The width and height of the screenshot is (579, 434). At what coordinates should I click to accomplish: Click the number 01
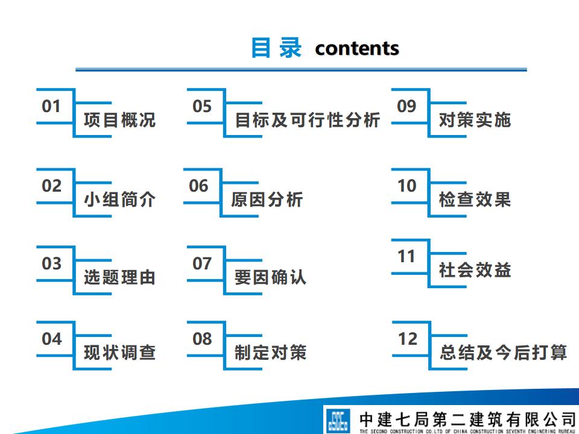[51, 107]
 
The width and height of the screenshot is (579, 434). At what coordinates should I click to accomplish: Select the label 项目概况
[119, 120]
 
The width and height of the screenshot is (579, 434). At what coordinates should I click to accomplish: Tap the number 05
[202, 107]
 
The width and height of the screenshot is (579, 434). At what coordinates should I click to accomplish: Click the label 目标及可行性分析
[308, 120]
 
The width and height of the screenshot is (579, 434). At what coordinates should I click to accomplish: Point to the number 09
[407, 107]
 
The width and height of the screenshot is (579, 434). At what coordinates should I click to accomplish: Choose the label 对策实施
[475, 120]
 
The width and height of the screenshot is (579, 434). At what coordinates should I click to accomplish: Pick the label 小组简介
[119, 200]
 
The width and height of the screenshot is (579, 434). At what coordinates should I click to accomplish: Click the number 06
[198, 186]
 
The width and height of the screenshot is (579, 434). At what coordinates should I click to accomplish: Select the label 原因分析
[267, 200]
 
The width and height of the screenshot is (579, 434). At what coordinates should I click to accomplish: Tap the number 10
[407, 186]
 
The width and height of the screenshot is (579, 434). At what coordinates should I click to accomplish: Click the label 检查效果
[475, 200]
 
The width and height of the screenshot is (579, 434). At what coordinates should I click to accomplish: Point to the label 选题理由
[119, 277]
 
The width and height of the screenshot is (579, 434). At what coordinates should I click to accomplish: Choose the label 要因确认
[270, 277]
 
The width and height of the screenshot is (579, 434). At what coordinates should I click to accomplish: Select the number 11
[407, 257]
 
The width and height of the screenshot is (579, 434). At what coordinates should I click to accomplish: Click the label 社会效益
[475, 270]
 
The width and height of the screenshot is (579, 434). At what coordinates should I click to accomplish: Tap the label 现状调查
[119, 353]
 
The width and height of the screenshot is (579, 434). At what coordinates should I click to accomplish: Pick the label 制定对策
[270, 353]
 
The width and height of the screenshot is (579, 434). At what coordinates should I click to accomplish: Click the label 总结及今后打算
[503, 353]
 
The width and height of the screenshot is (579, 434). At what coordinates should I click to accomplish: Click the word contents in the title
[357, 48]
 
